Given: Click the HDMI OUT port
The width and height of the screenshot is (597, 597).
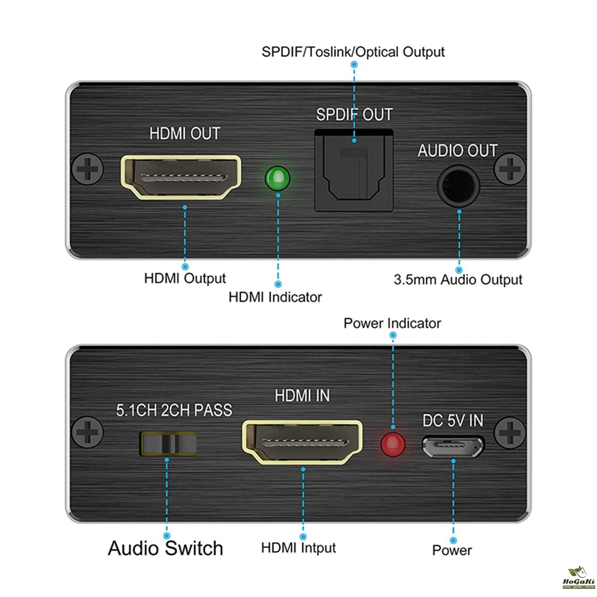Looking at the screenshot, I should [181, 177].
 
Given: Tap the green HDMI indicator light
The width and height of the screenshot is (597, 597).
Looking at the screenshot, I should [277, 178].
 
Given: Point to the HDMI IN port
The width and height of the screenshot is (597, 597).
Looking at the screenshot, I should [302, 443].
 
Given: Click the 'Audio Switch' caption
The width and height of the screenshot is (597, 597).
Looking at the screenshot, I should [165, 548].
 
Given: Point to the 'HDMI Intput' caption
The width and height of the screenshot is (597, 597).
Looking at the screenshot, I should [298, 547].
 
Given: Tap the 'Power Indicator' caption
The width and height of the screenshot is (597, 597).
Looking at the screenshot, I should [392, 324].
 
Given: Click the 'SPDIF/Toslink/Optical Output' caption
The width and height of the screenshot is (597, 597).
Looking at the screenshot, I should [353, 51].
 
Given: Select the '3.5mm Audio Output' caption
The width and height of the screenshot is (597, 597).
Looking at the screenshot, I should [458, 279].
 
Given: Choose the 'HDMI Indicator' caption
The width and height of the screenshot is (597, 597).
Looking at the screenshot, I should [275, 297].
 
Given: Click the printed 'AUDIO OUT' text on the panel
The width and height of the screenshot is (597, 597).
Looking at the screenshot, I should [457, 150].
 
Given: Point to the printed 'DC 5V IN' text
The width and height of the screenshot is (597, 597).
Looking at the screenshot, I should [453, 421].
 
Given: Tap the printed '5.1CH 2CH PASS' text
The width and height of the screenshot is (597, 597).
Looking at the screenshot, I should [173, 410].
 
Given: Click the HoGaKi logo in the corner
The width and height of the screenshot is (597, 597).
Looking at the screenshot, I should [576, 580].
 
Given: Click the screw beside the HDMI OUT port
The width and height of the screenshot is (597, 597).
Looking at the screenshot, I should [87, 171].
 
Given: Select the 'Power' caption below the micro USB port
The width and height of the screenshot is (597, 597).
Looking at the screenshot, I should [452, 550].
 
